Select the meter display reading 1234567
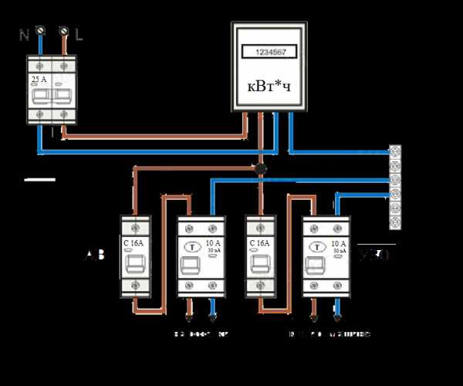tap(269, 52)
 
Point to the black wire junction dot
tap(261, 168)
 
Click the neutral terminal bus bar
tap(396, 188)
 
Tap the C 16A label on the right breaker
tap(259, 241)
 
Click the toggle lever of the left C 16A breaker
tap(135, 265)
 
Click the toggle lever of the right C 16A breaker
tap(259, 266)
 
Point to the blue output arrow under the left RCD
tap(213, 317)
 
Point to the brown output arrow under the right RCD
tap(313, 317)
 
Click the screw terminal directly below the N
tap(39, 31)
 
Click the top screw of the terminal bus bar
tap(396, 150)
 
